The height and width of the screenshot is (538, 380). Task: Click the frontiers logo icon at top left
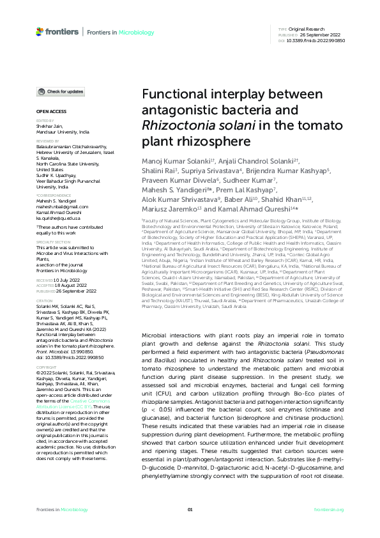(x=40, y=31)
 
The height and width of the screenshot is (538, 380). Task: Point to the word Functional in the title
(x=178, y=94)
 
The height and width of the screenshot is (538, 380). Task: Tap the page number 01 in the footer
(x=190, y=509)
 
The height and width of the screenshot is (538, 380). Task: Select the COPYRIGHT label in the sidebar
(x=46, y=367)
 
